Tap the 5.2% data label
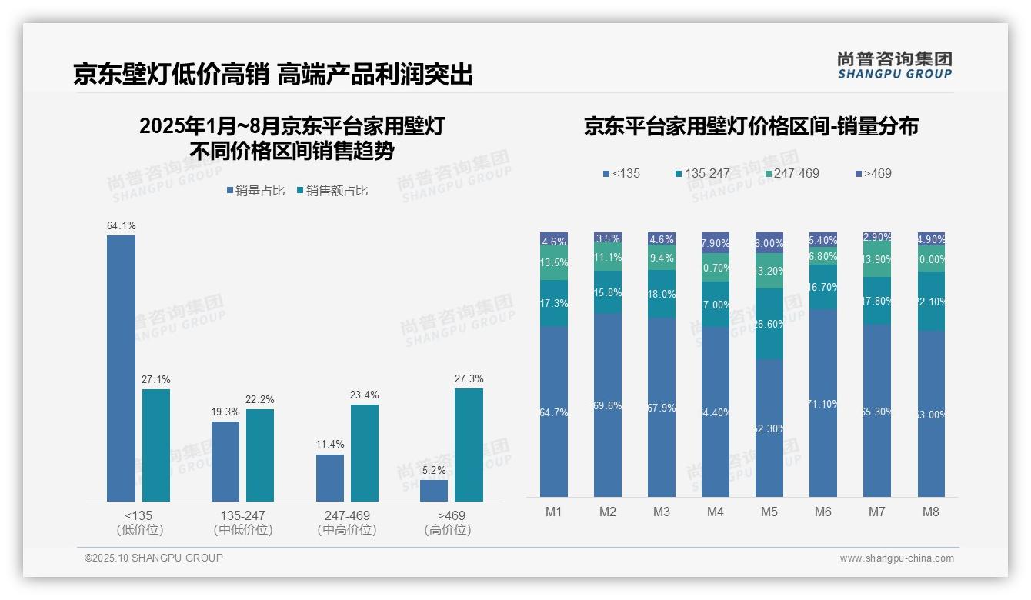[434, 470]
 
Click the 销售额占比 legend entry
[332, 191]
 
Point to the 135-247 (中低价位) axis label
[242, 522]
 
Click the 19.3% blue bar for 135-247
[225, 461]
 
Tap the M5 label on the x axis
[769, 512]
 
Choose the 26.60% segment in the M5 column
[769, 324]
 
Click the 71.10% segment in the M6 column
[823, 403]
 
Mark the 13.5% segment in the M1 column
[554, 263]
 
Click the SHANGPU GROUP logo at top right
[894, 65]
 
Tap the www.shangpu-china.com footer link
[896, 558]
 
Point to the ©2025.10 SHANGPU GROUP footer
[154, 558]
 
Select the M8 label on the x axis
[931, 512]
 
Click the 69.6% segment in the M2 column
[608, 405]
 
